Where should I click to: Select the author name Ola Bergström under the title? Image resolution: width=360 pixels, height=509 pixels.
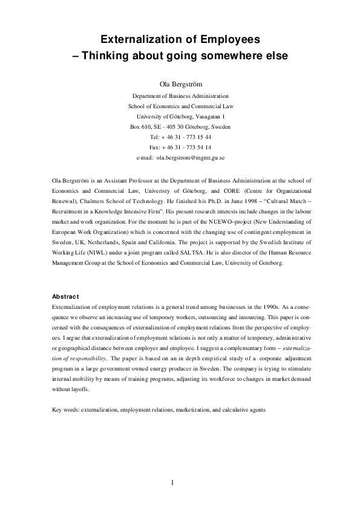(x=180, y=83)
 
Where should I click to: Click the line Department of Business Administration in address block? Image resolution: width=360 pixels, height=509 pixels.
(x=180, y=96)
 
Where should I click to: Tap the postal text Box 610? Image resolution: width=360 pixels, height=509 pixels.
(x=142, y=127)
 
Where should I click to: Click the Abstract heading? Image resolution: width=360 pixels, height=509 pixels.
(x=65, y=296)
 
